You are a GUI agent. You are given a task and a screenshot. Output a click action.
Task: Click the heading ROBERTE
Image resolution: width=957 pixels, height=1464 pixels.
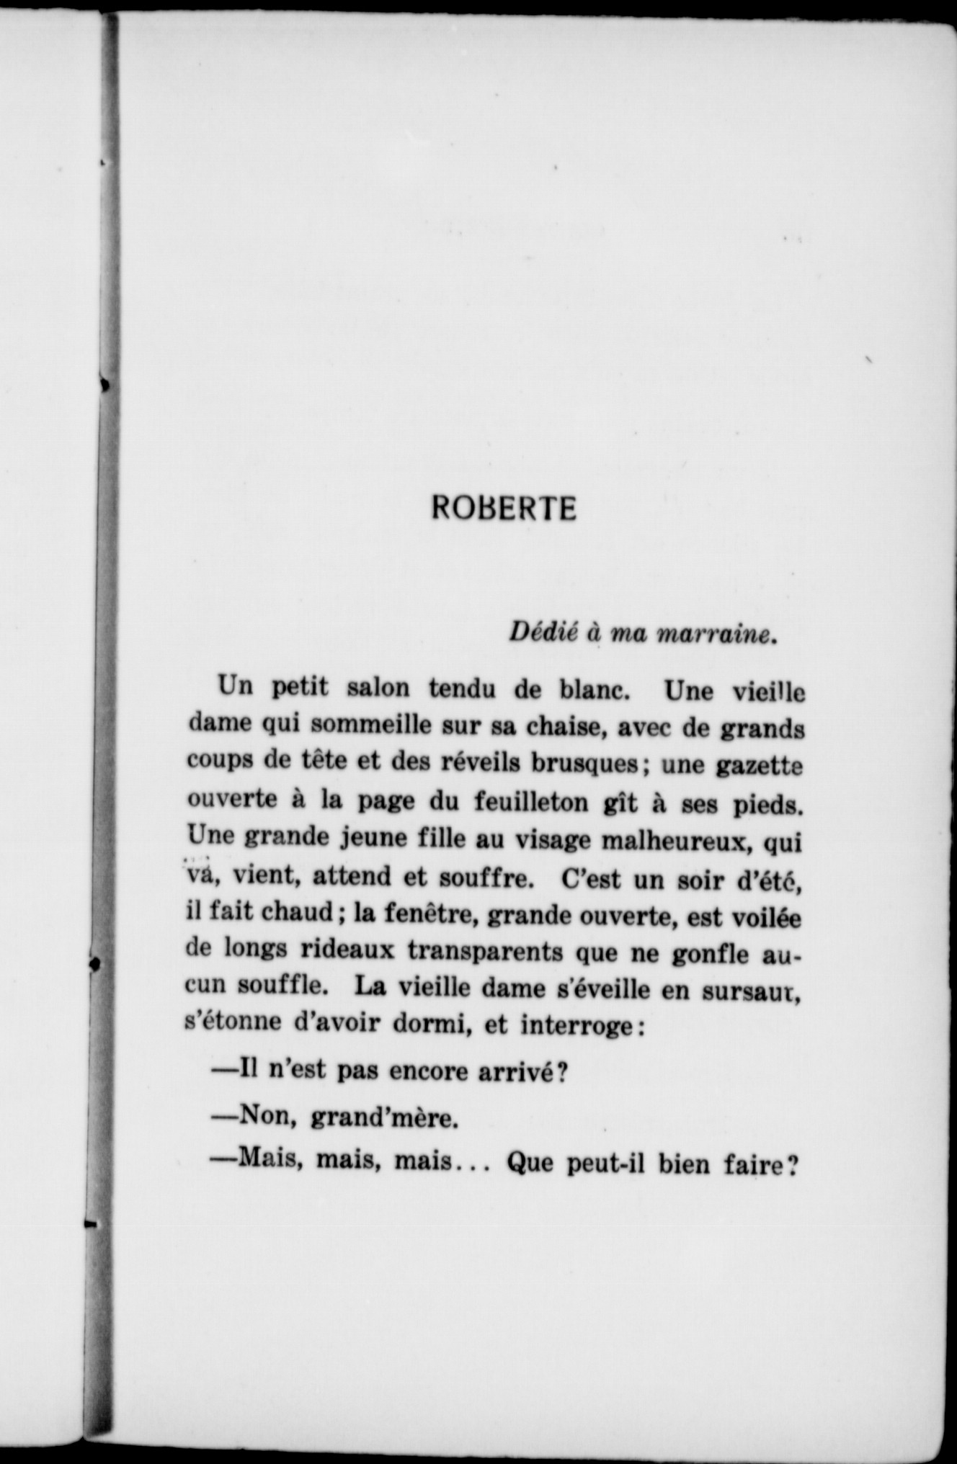pyautogui.click(x=504, y=509)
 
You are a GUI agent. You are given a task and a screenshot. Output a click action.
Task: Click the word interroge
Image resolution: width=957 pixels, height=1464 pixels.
pyautogui.click(x=577, y=1027)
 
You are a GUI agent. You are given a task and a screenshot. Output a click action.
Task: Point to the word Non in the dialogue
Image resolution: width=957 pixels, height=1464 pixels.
pyautogui.click(x=261, y=1117)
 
